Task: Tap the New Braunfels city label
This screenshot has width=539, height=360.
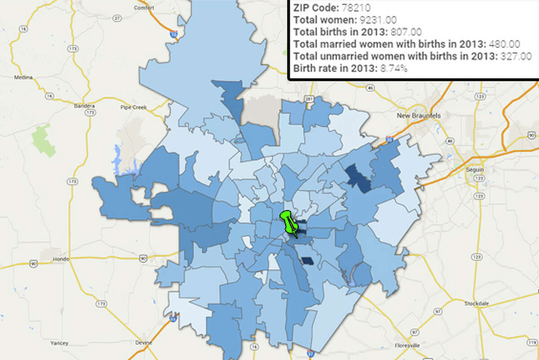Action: tap(419, 116)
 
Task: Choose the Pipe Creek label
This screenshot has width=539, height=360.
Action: tap(131, 107)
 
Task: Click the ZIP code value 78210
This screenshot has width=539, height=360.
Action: tap(355, 8)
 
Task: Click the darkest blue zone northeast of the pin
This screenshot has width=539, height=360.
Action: tap(358, 178)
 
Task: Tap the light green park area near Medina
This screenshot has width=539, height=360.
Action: tap(43, 139)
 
